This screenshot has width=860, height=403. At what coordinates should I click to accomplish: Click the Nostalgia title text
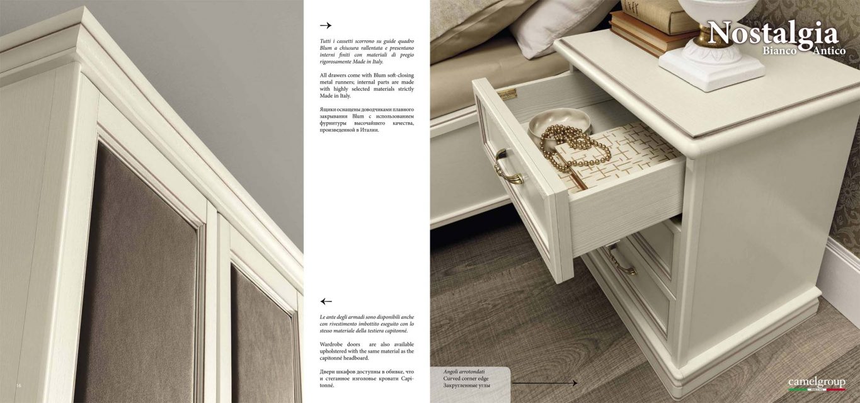point(772,34)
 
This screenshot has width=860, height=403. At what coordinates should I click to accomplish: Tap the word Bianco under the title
point(780,50)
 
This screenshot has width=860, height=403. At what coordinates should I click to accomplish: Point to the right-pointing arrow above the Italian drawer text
point(326,25)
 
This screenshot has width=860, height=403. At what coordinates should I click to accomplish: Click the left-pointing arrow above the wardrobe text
point(326,301)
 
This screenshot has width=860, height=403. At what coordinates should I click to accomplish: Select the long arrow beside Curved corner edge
point(544,383)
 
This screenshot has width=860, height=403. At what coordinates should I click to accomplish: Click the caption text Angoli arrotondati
point(464,372)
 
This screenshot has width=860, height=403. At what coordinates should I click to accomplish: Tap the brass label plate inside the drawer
point(507,94)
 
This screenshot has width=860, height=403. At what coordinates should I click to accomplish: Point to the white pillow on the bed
point(563,27)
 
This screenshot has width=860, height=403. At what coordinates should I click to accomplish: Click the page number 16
point(19,385)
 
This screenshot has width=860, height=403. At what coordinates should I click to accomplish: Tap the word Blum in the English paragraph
point(368,75)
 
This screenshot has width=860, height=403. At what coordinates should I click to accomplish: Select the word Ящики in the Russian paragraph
point(328,110)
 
